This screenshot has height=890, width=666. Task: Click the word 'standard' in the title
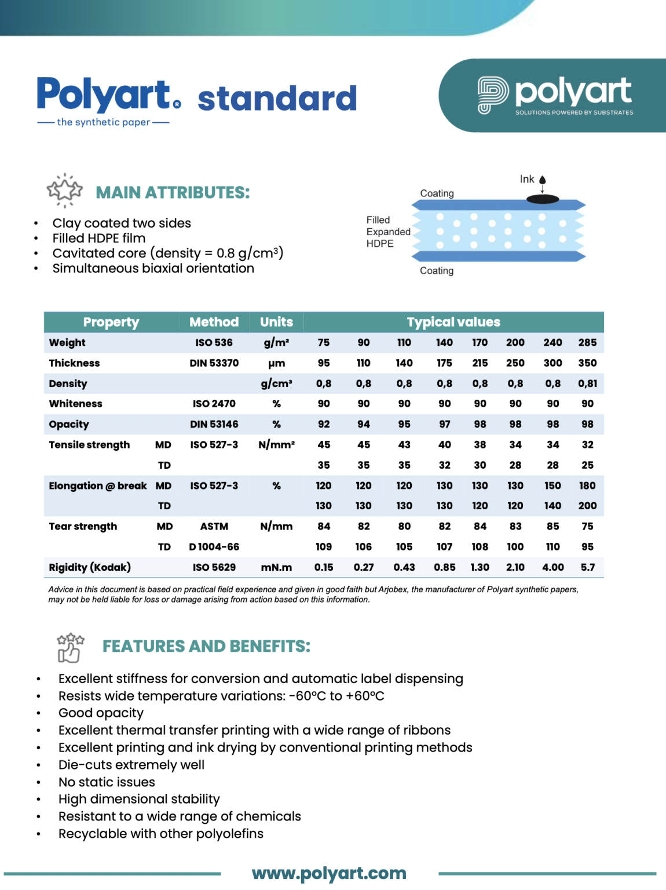point(277,99)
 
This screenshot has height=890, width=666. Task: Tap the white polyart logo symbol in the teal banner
point(492,95)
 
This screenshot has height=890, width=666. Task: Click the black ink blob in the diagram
point(543,199)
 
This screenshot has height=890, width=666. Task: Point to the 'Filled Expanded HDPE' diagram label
point(388,232)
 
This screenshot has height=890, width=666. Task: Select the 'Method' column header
point(214,322)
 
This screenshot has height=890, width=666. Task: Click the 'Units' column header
point(276,322)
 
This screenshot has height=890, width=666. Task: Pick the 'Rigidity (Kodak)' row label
point(90,567)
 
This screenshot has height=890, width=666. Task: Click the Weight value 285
point(587,342)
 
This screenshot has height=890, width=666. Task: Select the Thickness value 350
point(587,363)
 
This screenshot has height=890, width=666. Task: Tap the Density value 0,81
point(587,384)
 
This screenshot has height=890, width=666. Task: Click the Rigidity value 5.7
point(587,567)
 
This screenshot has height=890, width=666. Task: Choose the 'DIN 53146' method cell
point(214,424)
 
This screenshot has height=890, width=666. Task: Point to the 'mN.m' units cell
point(276,567)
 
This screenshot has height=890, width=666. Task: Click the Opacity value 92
point(324,424)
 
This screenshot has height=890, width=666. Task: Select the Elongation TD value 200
point(587,506)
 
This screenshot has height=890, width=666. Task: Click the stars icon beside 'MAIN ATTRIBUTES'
point(64,190)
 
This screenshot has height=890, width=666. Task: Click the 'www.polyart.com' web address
point(329,873)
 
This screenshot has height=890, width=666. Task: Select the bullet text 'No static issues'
point(107,782)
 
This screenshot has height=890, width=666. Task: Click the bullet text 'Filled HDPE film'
point(99,238)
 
